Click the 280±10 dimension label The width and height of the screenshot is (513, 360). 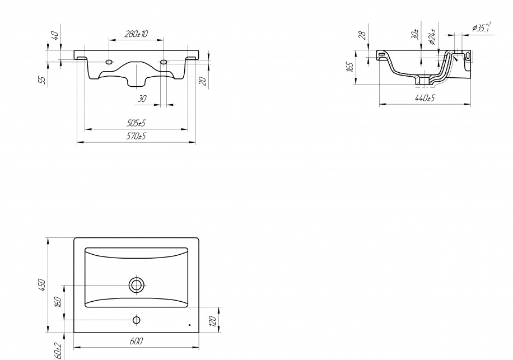click(x=136, y=34)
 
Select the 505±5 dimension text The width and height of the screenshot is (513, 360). click(x=136, y=123)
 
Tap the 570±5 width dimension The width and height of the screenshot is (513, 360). click(x=136, y=136)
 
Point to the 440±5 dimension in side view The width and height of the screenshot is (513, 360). click(x=425, y=98)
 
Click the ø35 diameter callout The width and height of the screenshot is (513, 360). click(x=481, y=27)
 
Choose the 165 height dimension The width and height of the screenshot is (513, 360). click(x=349, y=67)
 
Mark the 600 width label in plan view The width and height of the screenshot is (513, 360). click(x=136, y=341)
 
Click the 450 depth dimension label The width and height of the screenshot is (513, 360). click(x=42, y=285)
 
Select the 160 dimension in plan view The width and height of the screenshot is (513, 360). click(x=58, y=302)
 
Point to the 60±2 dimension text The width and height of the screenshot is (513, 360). click(x=58, y=350)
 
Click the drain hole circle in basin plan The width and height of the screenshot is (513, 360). click(x=137, y=285)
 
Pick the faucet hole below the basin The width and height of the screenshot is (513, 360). click(x=137, y=320)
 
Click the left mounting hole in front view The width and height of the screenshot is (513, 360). click(x=109, y=62)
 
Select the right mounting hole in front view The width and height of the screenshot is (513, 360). click(x=164, y=62)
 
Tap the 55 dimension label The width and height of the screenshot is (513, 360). click(x=42, y=80)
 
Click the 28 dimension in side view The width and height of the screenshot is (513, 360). click(x=362, y=35)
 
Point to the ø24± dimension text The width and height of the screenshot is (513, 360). click(x=432, y=36)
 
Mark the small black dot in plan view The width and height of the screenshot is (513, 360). click(x=189, y=325)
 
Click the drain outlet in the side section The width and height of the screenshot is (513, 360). click(x=424, y=81)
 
